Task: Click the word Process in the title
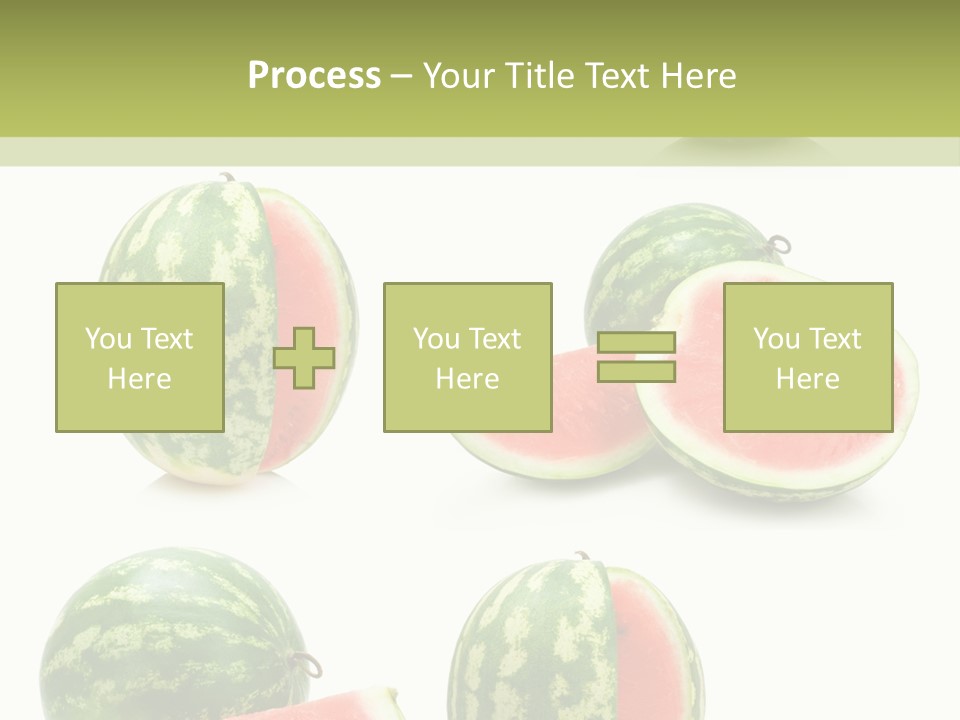coord(314,76)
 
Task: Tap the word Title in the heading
coord(538,76)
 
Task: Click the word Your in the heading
coord(461,76)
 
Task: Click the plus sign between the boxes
coord(304,358)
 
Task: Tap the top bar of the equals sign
coord(636,343)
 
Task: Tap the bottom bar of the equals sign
coord(636,372)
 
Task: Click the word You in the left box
coord(107,339)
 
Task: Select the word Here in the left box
coord(139,379)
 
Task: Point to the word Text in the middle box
coord(494,339)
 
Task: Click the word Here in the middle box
coord(467,379)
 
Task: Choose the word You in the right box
coord(775,339)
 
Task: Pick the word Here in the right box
coord(807,379)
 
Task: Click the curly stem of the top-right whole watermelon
coord(779,243)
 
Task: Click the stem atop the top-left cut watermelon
coord(228,178)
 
